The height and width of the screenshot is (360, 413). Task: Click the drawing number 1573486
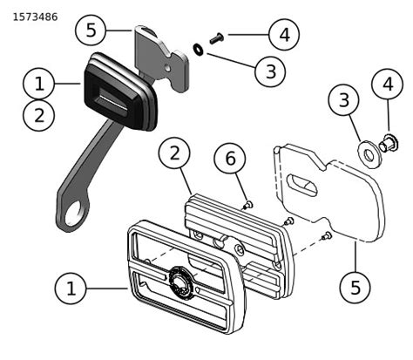coord(35,17)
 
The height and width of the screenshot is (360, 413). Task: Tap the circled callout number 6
coord(230,159)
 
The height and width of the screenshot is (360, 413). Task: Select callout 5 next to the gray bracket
coord(91,30)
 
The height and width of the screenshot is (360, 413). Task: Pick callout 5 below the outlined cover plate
coord(355,287)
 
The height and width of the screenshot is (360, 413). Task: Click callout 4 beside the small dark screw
coord(284,34)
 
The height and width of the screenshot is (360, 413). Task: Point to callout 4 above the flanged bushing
coord(388,85)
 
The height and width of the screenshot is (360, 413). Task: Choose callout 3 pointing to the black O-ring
coord(270,71)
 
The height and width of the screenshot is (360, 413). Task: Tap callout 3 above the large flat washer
coord(343,99)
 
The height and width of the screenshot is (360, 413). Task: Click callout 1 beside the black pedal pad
coord(38,84)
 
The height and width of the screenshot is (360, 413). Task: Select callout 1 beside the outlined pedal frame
coord(71,289)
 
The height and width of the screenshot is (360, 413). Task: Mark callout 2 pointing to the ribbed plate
coord(174,153)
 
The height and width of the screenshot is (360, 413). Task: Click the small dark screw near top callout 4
coord(216,38)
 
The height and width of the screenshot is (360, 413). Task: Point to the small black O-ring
coord(199,49)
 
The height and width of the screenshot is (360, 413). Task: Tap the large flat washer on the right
coord(368,154)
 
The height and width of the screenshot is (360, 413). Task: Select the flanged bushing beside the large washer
coord(389,143)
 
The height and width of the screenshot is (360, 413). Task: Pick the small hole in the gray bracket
coord(167,68)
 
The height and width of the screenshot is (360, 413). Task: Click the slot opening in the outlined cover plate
coord(301,185)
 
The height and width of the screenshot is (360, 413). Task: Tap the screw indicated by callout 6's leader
coord(248,205)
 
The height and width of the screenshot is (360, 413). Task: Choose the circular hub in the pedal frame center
coord(180,282)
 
